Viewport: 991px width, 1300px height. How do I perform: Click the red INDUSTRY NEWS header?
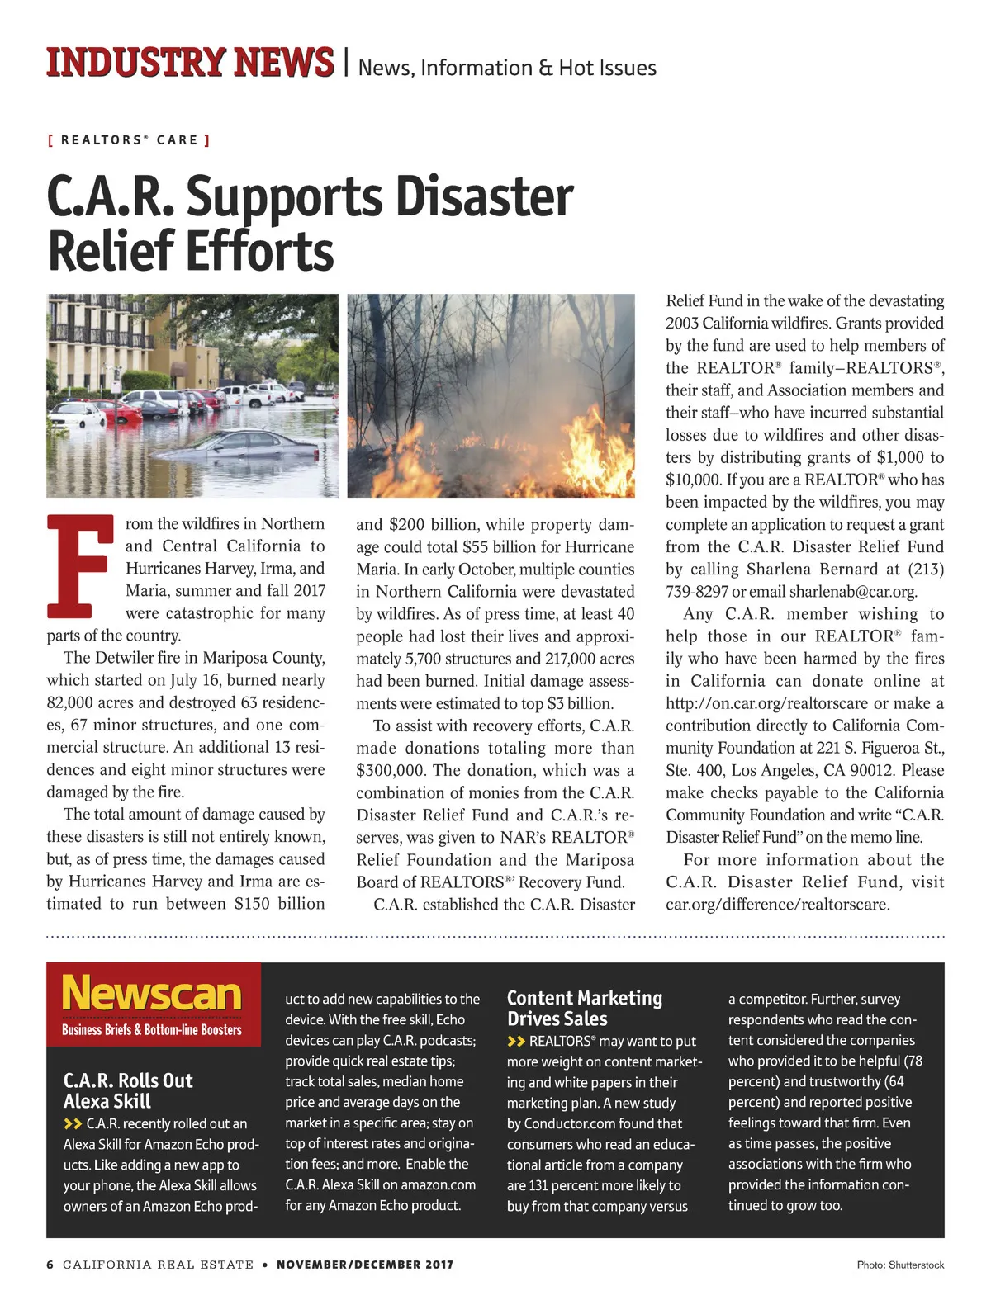pos(190,63)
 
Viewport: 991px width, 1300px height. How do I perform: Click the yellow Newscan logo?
pos(152,993)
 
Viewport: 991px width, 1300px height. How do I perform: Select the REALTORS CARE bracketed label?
pos(129,140)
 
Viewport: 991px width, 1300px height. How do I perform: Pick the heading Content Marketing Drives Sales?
pos(585,1008)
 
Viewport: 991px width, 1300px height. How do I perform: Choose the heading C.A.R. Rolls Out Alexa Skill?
pos(128,1090)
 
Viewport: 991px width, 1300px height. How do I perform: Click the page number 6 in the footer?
pos(50,1265)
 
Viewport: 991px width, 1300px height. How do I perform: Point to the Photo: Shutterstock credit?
pos(900,1265)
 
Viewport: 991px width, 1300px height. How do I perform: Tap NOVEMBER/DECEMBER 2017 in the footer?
pos(365,1265)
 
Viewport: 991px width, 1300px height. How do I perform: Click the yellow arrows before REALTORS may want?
pos(516,1042)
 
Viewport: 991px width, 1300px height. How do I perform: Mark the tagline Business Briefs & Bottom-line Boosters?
pos(152,1030)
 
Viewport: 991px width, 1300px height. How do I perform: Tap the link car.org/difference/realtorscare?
pos(777,904)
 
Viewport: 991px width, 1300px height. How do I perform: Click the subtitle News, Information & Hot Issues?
pos(507,68)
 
